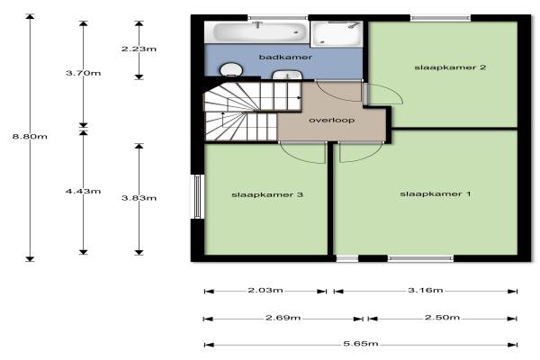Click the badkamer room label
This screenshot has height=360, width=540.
[x=285, y=57]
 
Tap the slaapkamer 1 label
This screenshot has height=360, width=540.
[x=436, y=194]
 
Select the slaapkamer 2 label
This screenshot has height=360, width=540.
[x=450, y=67]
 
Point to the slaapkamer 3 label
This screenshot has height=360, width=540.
[x=267, y=194]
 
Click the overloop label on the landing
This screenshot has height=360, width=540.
[x=331, y=121]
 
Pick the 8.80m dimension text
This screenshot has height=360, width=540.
[x=30, y=137]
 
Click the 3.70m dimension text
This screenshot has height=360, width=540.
[x=84, y=73]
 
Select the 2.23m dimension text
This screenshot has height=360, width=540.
[x=139, y=49]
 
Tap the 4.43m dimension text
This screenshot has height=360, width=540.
[x=84, y=191]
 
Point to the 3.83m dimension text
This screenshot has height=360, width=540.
[x=139, y=198]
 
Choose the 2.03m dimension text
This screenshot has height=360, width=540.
[x=265, y=290]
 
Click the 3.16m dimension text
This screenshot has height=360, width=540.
[x=426, y=290]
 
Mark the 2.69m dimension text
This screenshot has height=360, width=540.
[x=283, y=318]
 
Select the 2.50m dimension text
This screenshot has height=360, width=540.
[x=442, y=317]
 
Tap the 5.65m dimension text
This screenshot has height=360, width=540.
[x=361, y=344]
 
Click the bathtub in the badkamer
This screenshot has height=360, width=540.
[x=256, y=32]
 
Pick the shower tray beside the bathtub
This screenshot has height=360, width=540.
[x=337, y=34]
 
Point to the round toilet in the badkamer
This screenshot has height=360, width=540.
[x=231, y=69]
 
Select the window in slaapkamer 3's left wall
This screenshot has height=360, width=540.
[x=198, y=196]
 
